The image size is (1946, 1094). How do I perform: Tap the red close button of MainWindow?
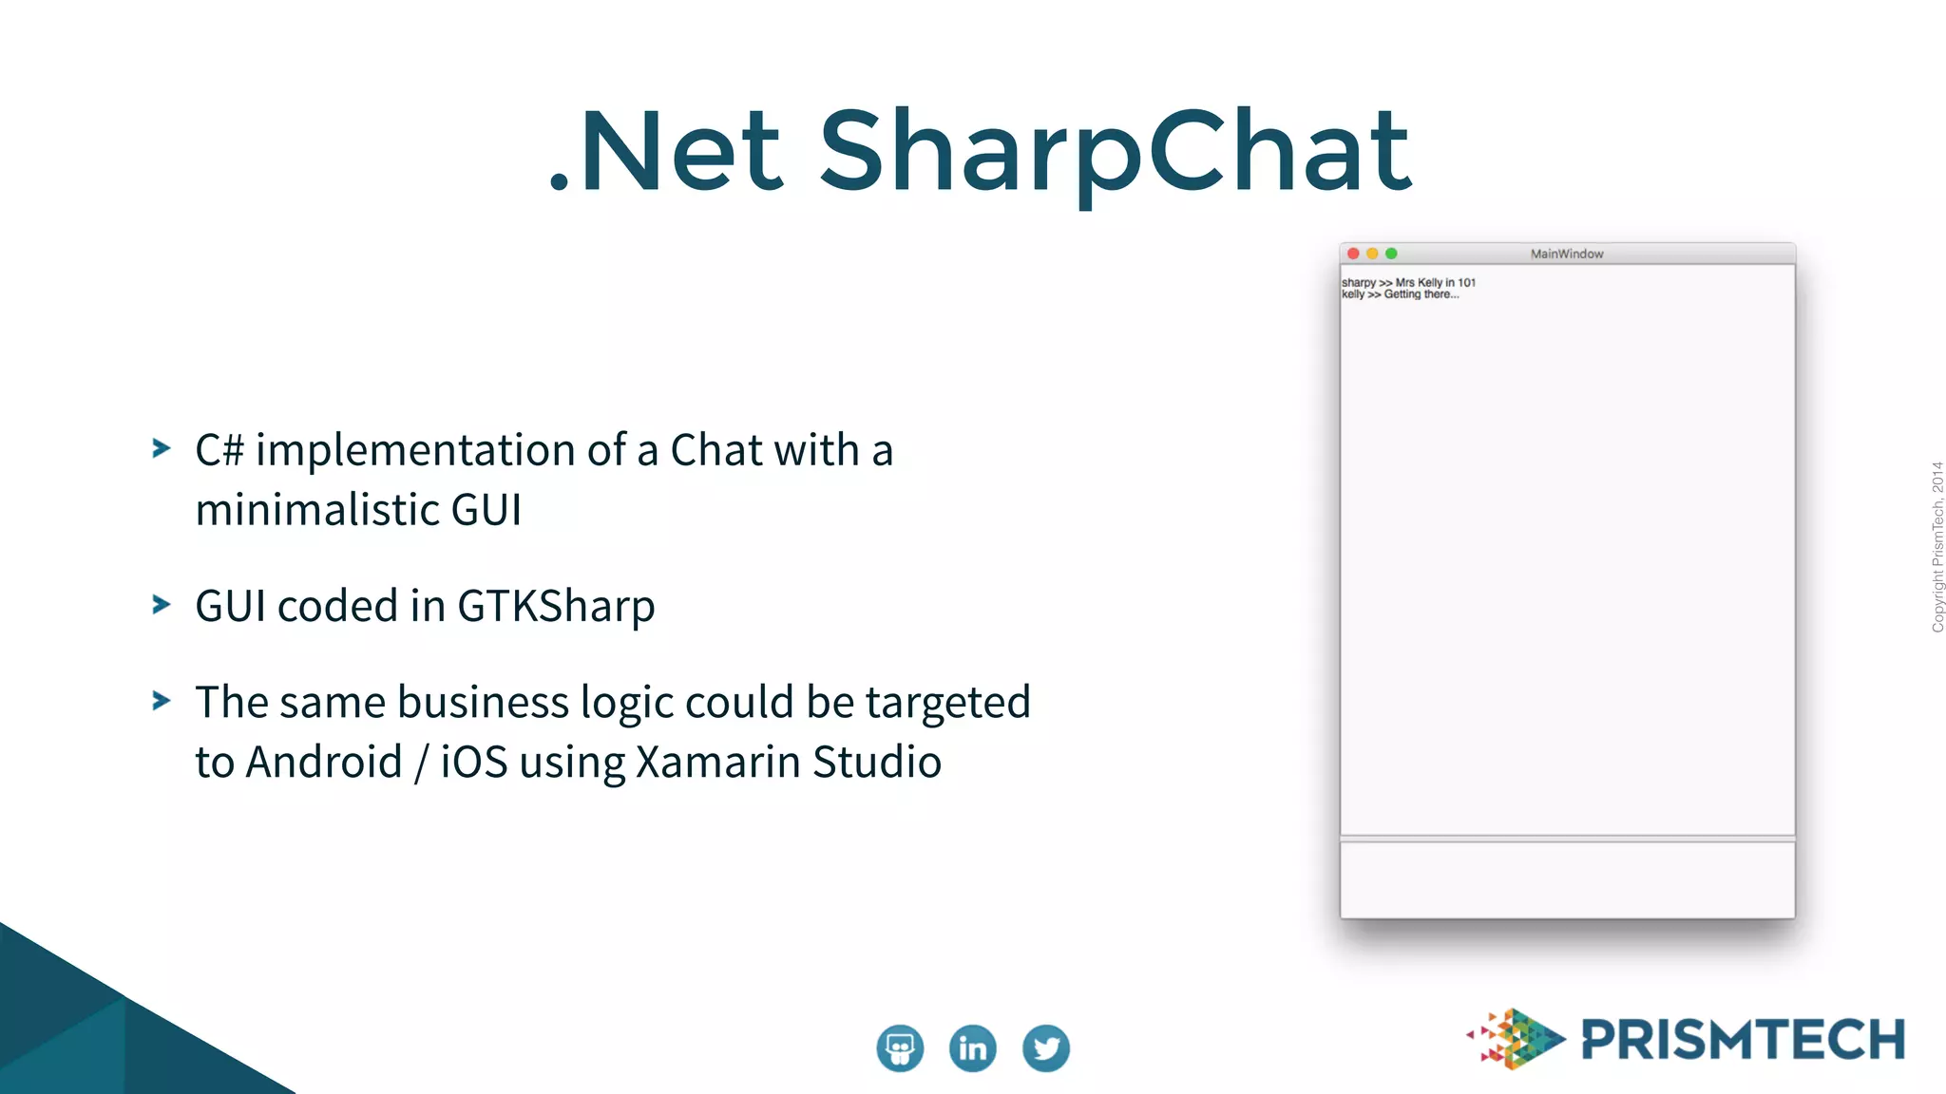(1353, 254)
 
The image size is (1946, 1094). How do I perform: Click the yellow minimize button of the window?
(1372, 254)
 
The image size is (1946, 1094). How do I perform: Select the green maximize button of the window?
(1391, 254)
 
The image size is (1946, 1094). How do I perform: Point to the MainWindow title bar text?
(1567, 254)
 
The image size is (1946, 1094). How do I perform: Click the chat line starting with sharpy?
(1408, 282)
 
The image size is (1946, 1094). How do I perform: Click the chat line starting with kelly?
(1400, 294)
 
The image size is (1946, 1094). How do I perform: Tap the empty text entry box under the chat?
(1567, 878)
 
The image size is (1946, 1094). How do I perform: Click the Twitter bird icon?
(1045, 1048)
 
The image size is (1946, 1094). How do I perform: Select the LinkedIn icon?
(972, 1048)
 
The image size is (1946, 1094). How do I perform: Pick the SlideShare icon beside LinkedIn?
(899, 1048)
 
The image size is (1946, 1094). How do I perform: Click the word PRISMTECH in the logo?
(1743, 1039)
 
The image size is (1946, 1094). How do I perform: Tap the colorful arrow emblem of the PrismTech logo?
(1517, 1038)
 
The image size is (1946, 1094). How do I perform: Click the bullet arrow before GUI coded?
(162, 605)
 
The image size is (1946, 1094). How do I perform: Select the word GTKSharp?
(556, 607)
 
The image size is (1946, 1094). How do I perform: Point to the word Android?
(324, 762)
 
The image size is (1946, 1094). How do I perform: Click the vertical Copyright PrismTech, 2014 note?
(1936, 547)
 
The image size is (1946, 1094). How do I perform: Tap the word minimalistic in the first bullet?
(317, 510)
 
